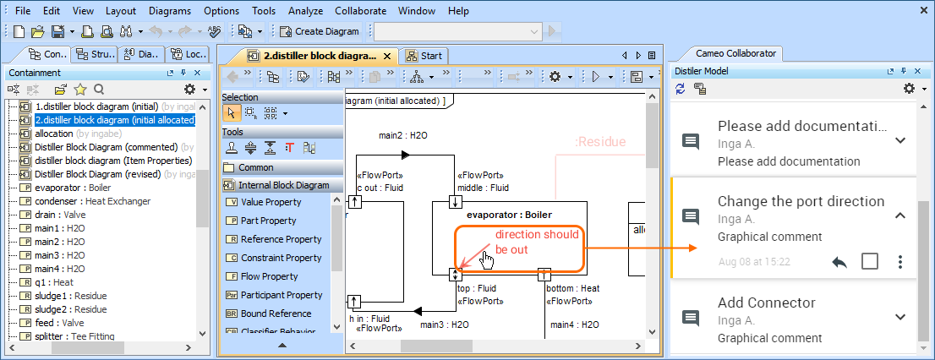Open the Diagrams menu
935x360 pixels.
(169, 11)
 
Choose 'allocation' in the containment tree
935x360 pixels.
(53, 134)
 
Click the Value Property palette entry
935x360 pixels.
(271, 202)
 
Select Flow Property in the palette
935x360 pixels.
(269, 276)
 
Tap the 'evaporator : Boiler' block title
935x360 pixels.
(509, 215)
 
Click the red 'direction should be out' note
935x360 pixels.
(537, 243)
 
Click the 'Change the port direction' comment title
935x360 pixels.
(801, 201)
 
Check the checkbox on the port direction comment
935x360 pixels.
(869, 261)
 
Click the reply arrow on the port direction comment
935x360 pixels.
(839, 262)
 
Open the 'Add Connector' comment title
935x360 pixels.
(766, 303)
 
